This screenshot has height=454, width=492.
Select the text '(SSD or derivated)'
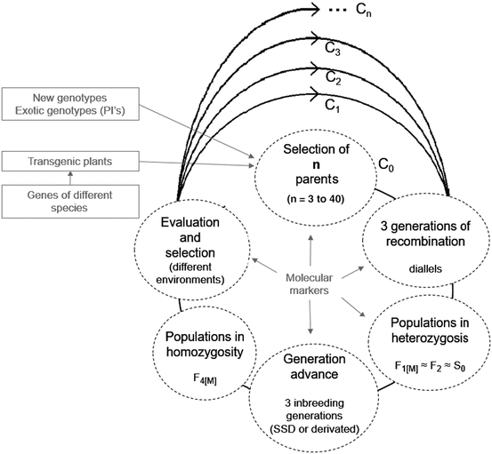tap(315, 430)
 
